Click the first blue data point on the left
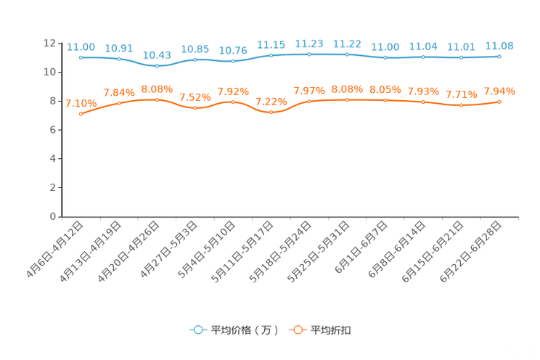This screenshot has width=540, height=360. pyautogui.click(x=81, y=57)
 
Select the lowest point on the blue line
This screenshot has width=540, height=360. pyautogui.click(x=157, y=66)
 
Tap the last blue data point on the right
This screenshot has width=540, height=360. pyautogui.click(x=499, y=56)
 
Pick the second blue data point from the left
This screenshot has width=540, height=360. pyautogui.click(x=119, y=59)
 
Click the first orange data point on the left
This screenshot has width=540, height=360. pyautogui.click(x=81, y=114)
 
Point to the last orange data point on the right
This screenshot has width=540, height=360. pyautogui.click(x=499, y=102)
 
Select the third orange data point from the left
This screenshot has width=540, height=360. pyautogui.click(x=157, y=99)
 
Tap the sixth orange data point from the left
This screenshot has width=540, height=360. pyautogui.click(x=271, y=112)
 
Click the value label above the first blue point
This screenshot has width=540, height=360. pyautogui.click(x=81, y=47)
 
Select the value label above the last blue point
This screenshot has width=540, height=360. pyautogui.click(x=499, y=46)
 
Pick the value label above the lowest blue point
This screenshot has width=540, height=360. pyautogui.click(x=157, y=55)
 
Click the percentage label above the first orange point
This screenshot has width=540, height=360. pyautogui.click(x=81, y=104)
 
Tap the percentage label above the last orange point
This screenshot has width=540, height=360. pyautogui.click(x=499, y=91)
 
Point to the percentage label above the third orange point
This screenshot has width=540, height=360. pyautogui.click(x=157, y=89)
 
